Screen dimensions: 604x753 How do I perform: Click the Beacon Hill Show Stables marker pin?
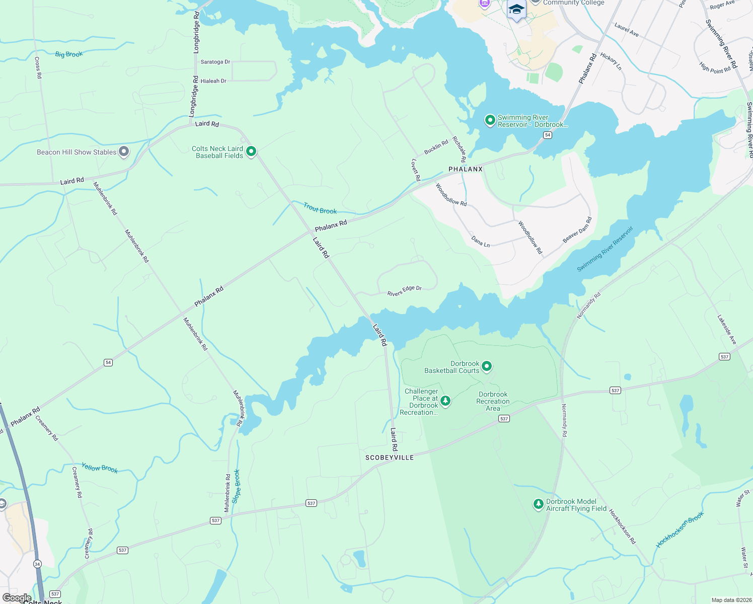tap(124, 152)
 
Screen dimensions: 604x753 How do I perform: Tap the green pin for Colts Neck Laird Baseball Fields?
tap(251, 151)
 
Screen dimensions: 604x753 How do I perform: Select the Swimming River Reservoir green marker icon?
tap(490, 120)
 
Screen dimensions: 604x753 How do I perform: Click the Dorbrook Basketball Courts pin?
tap(487, 366)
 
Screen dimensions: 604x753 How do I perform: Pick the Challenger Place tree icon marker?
tap(445, 401)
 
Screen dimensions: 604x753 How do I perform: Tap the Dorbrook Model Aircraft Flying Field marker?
tap(539, 504)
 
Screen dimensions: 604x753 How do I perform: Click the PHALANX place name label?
tap(466, 169)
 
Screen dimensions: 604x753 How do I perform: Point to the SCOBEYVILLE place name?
tap(390, 458)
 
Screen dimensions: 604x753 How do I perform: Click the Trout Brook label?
tap(320, 208)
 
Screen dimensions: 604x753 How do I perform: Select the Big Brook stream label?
tap(69, 54)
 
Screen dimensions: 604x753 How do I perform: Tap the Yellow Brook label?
tap(100, 468)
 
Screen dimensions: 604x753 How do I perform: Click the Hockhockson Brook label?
tap(680, 530)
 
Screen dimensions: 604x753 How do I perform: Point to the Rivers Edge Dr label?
tap(404, 291)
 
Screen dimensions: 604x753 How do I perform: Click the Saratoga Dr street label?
tap(215, 62)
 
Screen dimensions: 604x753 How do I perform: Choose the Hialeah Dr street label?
tap(213, 81)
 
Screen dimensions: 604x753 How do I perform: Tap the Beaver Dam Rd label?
tap(577, 230)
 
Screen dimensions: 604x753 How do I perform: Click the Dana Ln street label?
tap(481, 241)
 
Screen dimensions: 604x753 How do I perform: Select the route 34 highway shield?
tap(37, 564)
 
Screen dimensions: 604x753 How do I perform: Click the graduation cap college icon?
tap(516, 10)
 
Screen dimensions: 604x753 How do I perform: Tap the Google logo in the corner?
tap(17, 598)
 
